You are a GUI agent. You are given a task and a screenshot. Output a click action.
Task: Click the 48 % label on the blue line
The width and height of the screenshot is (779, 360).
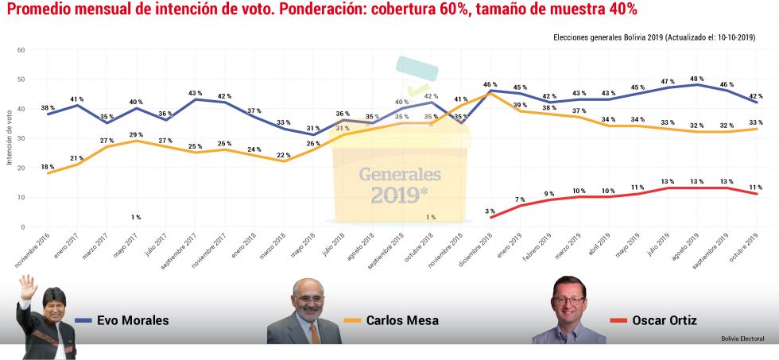(696, 79)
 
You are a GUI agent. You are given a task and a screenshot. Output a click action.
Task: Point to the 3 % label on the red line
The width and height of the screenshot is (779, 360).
(490, 211)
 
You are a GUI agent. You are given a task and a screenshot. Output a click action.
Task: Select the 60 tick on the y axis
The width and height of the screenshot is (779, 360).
(21, 50)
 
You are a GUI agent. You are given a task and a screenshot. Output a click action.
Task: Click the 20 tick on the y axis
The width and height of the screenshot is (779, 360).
(21, 168)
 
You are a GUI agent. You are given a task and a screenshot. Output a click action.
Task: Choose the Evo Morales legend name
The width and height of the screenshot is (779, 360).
(133, 321)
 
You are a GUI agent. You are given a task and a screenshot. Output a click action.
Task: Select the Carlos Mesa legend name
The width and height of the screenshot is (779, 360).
(401, 321)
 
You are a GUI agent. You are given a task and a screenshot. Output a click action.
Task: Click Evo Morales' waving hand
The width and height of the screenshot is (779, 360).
(27, 284)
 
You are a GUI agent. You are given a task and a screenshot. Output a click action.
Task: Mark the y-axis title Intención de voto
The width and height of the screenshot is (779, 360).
(10, 138)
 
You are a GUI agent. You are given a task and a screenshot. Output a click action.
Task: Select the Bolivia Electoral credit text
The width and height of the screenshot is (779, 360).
(742, 339)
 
